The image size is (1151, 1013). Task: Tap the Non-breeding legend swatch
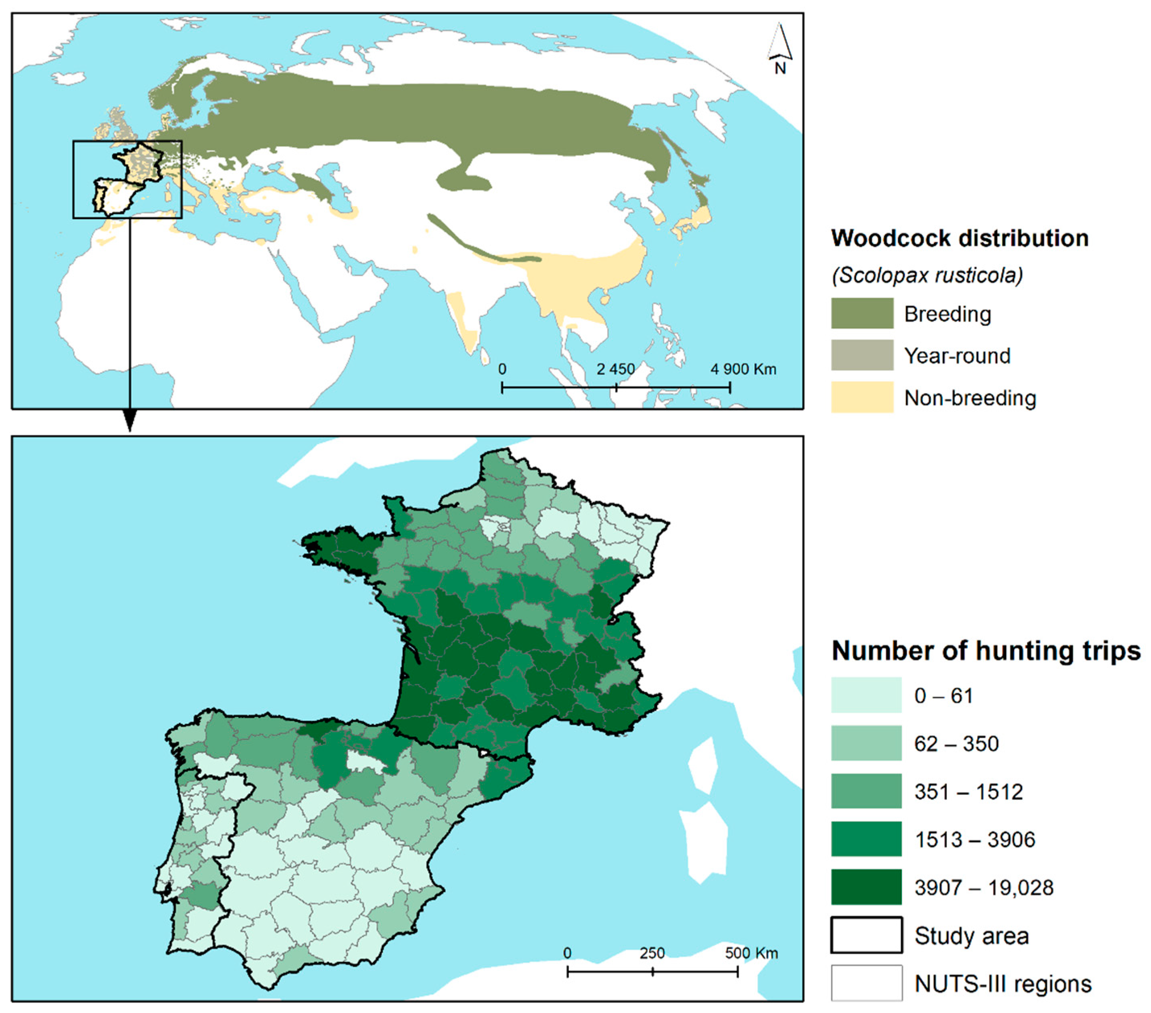[x=862, y=397]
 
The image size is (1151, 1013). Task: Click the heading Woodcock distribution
[x=960, y=238]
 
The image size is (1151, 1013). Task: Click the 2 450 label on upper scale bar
[x=615, y=369]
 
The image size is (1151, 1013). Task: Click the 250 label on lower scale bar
[x=652, y=953]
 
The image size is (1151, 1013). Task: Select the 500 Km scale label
[x=751, y=953]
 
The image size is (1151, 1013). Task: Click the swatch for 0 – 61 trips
[x=865, y=695]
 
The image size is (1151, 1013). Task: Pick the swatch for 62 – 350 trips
[x=865, y=743]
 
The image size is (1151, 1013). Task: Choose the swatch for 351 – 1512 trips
[x=865, y=791]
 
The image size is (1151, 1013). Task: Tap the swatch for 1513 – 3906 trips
[x=865, y=839]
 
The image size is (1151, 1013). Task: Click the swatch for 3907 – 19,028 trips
[x=865, y=887]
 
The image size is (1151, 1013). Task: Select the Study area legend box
[x=865, y=935]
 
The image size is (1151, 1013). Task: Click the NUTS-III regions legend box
[x=865, y=983]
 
